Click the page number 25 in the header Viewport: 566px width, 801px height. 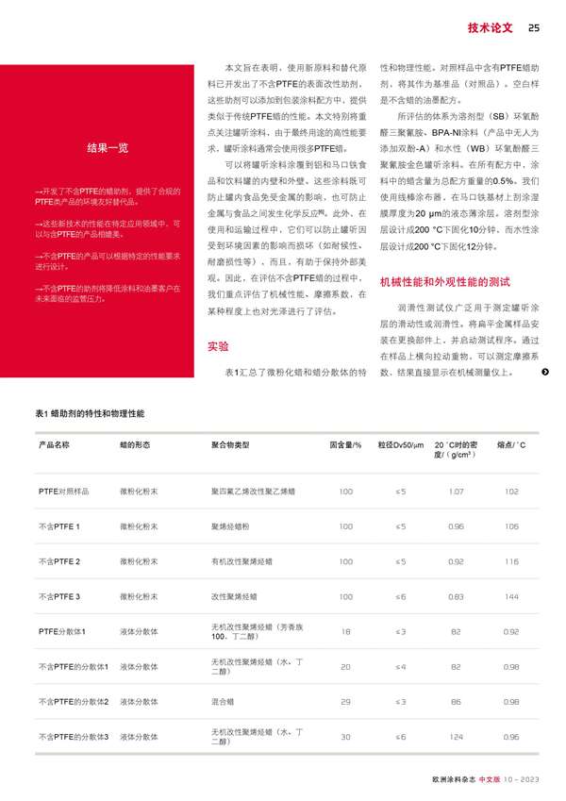click(533, 27)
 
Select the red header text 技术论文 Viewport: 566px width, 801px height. click(490, 27)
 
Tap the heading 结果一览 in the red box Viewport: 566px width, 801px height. click(108, 148)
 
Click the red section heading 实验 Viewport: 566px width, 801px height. click(217, 321)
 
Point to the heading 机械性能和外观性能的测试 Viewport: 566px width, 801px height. click(443, 282)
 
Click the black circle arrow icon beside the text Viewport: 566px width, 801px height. click(545, 372)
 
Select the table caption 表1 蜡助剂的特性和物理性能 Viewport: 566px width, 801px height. click(90, 414)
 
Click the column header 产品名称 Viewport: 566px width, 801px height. click(54, 443)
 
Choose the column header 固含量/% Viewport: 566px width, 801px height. click(345, 443)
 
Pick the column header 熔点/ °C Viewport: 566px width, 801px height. click(511, 443)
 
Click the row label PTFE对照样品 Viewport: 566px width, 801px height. click(63, 492)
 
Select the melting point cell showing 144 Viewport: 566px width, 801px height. click(511, 596)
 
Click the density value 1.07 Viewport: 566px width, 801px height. click(457, 492)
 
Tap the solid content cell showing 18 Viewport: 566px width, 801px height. click(345, 631)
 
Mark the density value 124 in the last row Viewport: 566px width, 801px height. click(457, 737)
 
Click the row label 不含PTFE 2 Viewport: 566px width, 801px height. click(58, 561)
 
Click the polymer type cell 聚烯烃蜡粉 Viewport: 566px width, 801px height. click(232, 526)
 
